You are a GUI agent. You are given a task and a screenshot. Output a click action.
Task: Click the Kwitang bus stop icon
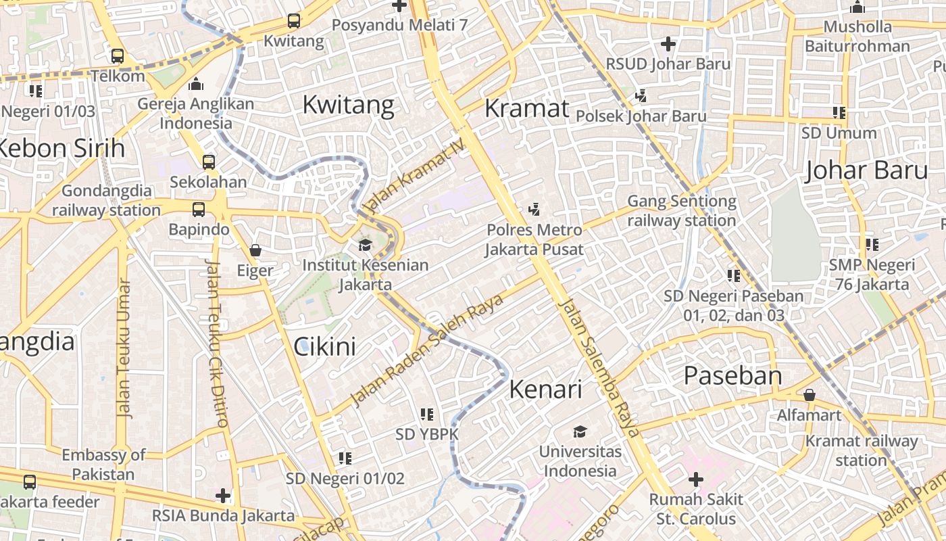293,21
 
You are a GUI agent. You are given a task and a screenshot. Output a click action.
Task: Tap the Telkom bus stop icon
118,56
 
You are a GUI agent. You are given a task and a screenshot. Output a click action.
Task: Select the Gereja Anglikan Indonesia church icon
196,84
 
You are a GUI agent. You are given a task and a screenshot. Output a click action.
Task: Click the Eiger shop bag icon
255,250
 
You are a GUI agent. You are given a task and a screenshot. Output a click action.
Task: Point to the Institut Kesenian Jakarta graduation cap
366,245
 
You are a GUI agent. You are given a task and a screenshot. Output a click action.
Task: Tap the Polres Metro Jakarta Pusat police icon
534,209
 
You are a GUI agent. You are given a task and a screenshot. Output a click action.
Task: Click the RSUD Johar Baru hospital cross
668,45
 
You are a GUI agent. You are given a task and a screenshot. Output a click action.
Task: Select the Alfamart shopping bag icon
809,395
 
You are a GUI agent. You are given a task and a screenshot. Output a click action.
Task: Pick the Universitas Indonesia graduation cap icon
580,431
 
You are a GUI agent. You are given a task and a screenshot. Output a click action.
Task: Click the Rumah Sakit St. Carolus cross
695,479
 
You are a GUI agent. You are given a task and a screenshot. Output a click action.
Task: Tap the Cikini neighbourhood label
324,347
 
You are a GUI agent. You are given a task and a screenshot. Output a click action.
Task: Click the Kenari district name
545,390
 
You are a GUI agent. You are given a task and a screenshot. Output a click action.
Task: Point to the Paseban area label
732,375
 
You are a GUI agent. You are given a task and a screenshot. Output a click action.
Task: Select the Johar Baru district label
866,170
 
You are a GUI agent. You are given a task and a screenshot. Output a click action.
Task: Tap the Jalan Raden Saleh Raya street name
427,349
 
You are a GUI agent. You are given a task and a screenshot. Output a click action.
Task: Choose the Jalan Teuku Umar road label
124,349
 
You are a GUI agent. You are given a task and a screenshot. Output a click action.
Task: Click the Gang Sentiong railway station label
681,211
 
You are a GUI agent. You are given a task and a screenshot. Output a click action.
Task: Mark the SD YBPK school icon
426,414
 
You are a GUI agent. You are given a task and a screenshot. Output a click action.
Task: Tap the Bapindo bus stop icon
198,210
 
